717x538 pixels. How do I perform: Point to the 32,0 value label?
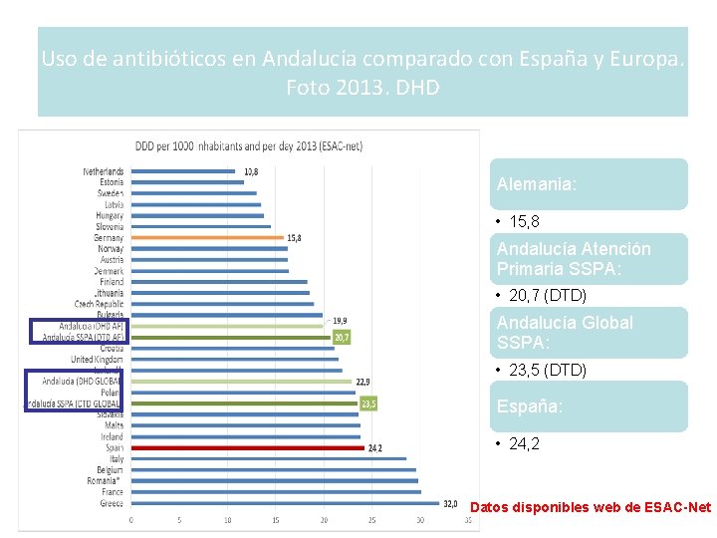tap(450, 503)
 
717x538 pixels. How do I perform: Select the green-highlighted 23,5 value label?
tap(368, 403)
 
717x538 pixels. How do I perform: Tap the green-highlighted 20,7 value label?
tap(342, 338)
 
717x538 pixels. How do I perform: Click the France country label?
tap(113, 492)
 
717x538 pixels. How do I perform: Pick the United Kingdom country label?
tap(99, 359)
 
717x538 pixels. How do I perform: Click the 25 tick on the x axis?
tap(372, 520)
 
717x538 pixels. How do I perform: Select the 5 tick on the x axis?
tap(179, 520)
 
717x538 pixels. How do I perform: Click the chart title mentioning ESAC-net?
tap(248, 145)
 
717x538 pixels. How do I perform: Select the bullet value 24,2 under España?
tap(524, 444)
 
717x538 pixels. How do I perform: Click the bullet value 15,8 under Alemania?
tap(524, 221)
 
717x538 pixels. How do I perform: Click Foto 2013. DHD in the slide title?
tap(362, 88)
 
